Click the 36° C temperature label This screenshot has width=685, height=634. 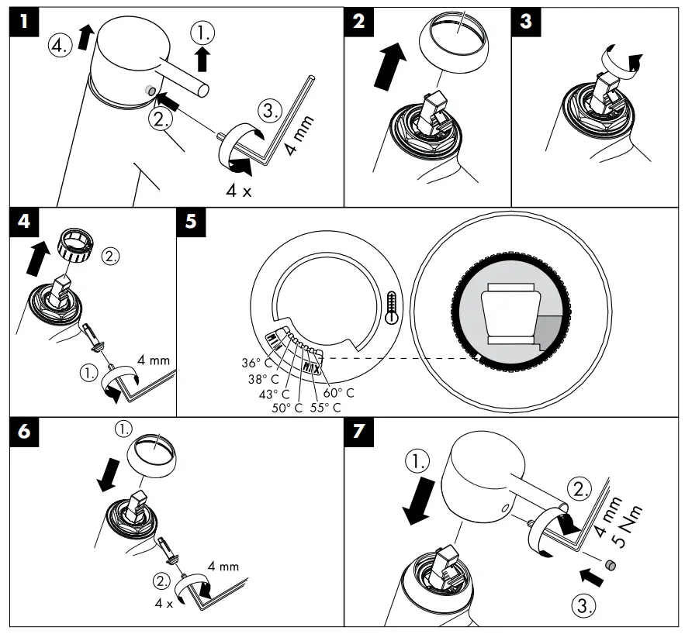pyautogui.click(x=257, y=362)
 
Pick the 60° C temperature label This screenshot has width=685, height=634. pyautogui.click(x=338, y=393)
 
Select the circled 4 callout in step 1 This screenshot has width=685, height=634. pyautogui.click(x=59, y=45)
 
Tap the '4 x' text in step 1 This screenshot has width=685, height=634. pyautogui.click(x=239, y=191)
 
